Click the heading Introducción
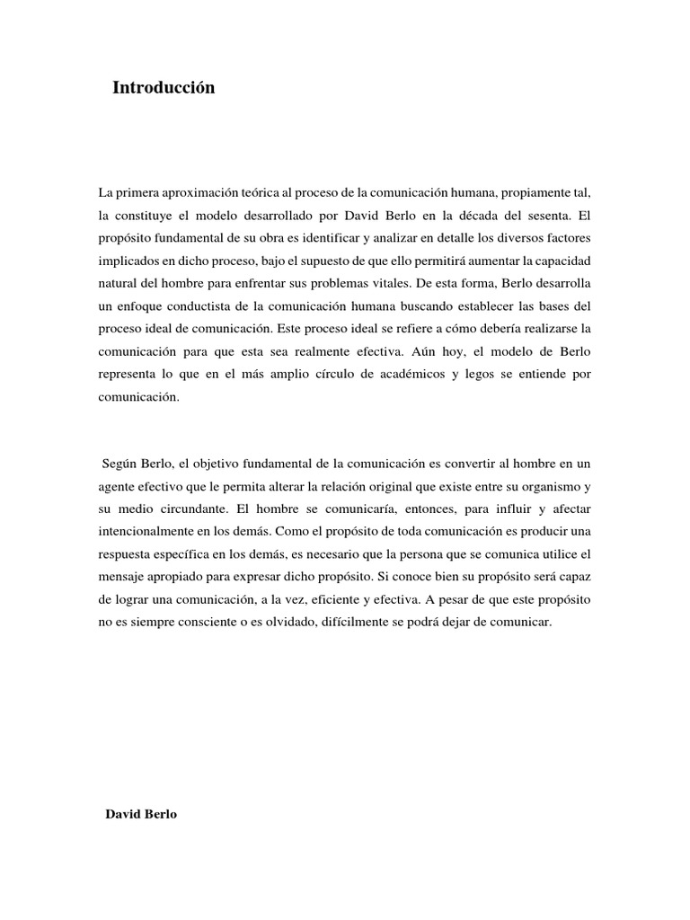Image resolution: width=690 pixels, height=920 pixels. [x=164, y=88]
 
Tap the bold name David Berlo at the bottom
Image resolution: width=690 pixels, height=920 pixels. [x=141, y=814]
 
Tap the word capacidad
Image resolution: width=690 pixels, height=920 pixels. [x=560, y=261]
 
